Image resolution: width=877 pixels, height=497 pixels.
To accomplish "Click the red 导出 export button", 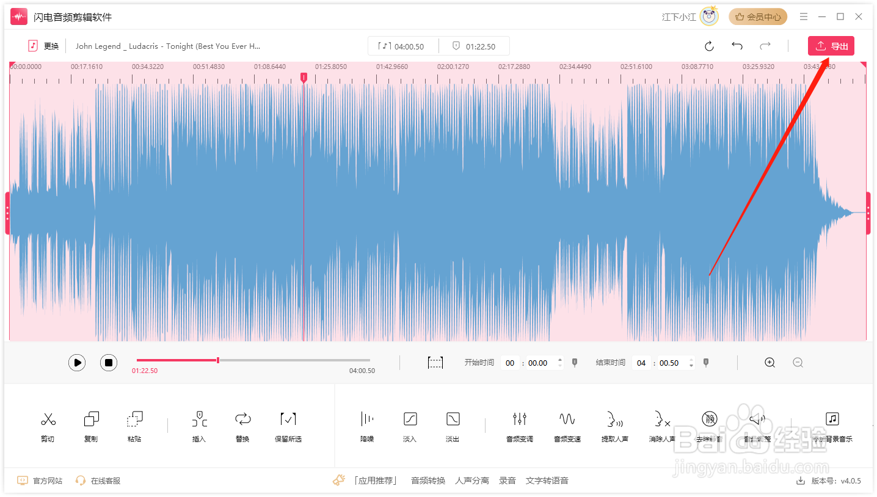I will pos(831,46).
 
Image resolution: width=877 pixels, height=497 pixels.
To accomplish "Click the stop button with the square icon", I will pos(109,363).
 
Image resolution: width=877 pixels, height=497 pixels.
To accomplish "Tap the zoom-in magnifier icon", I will pos(770,363).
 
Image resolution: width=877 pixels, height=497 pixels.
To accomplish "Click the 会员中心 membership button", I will pos(758,17).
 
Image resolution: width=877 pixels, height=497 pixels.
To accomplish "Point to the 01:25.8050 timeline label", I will pos(331,67).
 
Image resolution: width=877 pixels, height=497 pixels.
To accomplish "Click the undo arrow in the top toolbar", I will pos(737,46).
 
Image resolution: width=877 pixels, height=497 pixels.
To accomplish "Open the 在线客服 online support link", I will pos(98,481).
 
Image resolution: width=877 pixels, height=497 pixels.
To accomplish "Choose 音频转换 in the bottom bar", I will pos(428,481).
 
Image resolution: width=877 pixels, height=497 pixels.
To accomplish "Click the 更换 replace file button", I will pos(44,46).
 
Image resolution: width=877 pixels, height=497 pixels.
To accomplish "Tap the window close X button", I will pos(859,16).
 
